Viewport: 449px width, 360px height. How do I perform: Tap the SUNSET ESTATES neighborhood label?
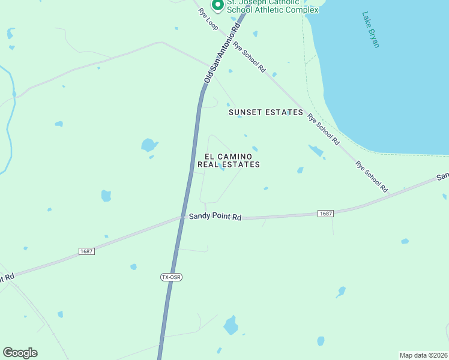(266, 112)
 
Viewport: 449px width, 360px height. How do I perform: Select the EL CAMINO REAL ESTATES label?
(229, 160)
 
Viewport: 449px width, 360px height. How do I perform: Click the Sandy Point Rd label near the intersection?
(215, 217)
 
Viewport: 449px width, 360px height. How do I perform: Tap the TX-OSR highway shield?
(171, 277)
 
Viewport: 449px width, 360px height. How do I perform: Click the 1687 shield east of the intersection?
(325, 214)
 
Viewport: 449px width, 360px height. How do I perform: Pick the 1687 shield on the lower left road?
(86, 251)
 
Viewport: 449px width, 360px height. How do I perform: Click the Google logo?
(20, 353)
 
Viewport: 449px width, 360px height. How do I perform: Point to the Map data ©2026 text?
(423, 355)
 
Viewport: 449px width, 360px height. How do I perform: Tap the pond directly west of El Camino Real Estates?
(148, 145)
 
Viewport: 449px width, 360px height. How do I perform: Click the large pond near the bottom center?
(231, 326)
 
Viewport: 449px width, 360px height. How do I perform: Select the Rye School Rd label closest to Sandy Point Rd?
(371, 176)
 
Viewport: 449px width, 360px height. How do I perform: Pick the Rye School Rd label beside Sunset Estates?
(323, 129)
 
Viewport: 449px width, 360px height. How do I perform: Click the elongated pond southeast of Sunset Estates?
(315, 151)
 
